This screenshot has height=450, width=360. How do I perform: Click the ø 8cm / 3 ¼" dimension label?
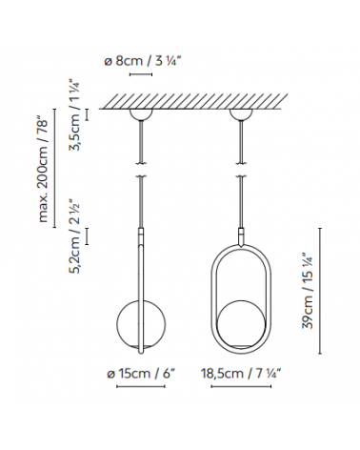[x=145, y=61]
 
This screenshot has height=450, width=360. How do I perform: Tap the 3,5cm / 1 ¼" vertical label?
[x=76, y=115]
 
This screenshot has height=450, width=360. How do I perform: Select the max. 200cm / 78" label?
[x=44, y=170]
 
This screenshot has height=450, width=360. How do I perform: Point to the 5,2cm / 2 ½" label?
[x=76, y=236]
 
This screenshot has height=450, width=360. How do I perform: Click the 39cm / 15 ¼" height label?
[x=307, y=291]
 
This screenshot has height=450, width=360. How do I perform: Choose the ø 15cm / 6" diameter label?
[x=141, y=374]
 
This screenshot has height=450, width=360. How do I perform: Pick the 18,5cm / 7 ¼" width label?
[x=241, y=373]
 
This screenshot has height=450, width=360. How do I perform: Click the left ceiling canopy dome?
[x=141, y=114]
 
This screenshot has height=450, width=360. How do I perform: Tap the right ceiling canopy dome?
[x=241, y=114]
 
